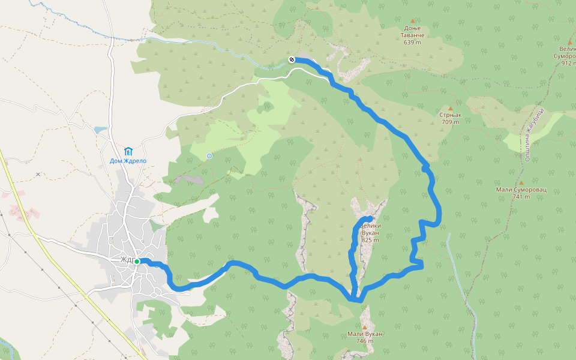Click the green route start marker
coord(137,262)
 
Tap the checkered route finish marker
coord(291,59)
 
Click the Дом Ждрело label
coord(128,161)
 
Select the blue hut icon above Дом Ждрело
coord(128,151)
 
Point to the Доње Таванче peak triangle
coord(412,20)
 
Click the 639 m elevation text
coord(412,43)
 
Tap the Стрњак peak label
coord(449,115)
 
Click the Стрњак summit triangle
coord(451,108)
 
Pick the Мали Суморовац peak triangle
coord(521,182)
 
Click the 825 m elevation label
coord(370,240)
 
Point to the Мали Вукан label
coord(365,334)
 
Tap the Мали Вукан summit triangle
coord(364,327)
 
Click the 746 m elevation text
coord(364,341)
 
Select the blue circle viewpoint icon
coord(209,156)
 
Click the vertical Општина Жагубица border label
coord(529,134)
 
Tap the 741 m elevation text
coord(521,197)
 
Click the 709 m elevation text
coord(450,122)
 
